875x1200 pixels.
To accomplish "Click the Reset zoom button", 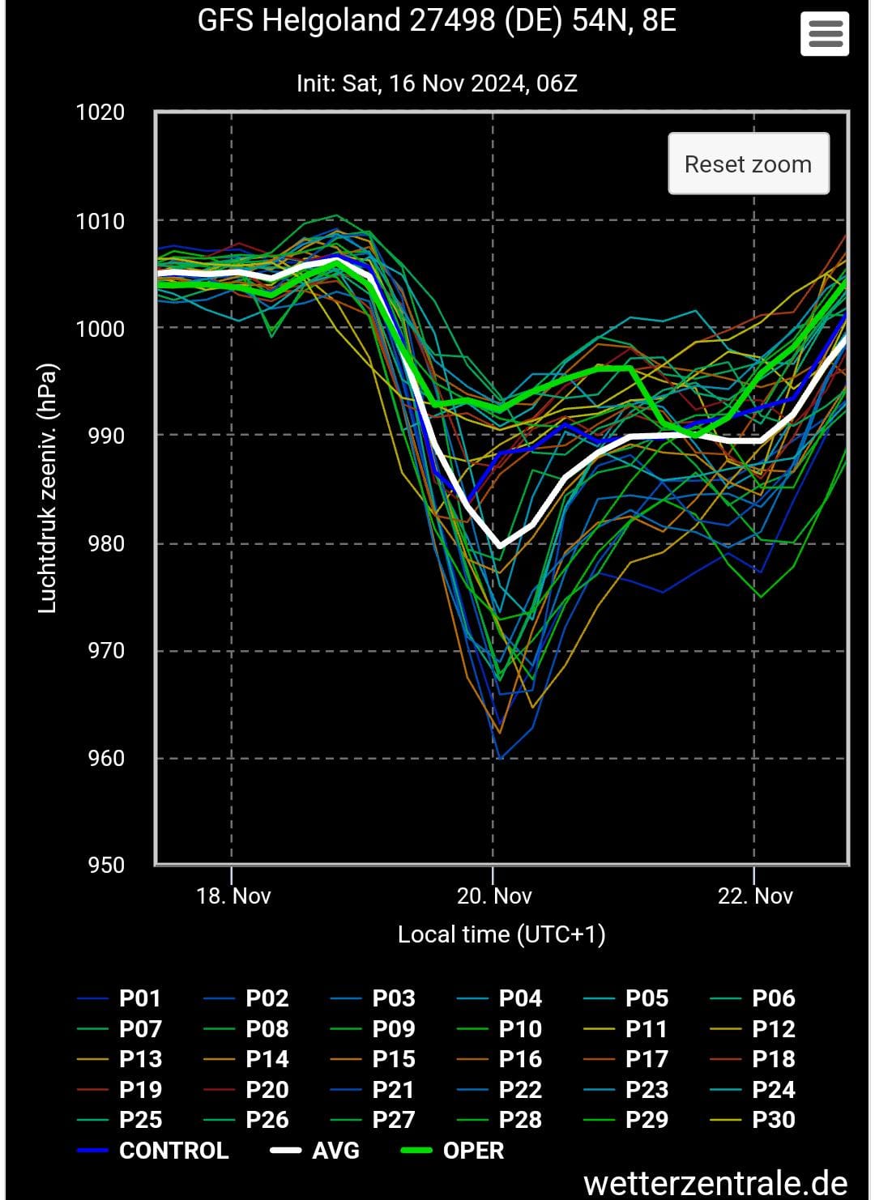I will pyautogui.click(x=748, y=164).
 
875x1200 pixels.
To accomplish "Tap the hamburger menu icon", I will pyautogui.click(x=825, y=34).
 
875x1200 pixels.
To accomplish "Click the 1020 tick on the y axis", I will pyautogui.click(x=100, y=112).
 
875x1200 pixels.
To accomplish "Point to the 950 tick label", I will pyautogui.click(x=106, y=865).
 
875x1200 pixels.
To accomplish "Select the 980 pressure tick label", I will pyautogui.click(x=106, y=543).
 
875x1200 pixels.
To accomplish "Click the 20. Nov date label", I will pyautogui.click(x=494, y=896).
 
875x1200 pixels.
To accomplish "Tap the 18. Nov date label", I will pyautogui.click(x=233, y=896).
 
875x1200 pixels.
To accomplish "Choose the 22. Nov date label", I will pyautogui.click(x=755, y=896).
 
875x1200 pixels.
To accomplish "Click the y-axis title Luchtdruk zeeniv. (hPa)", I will pyautogui.click(x=48, y=488).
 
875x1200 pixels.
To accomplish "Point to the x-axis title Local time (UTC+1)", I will pyautogui.click(x=502, y=934).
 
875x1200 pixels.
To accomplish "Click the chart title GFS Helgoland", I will pyautogui.click(x=437, y=21).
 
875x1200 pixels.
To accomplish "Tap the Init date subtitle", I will pyautogui.click(x=437, y=83).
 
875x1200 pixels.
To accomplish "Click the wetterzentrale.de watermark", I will pyautogui.click(x=715, y=1183).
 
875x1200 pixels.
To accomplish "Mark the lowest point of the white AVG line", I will pyautogui.click(x=500, y=547).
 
